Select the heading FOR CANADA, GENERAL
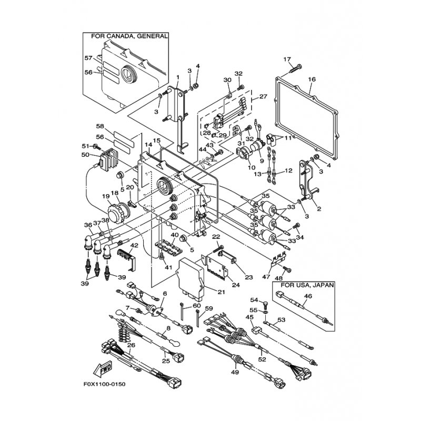tap(129, 36)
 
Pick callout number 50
tap(85, 155)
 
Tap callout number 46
tap(308, 297)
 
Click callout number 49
tap(235, 373)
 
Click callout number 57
tap(88, 58)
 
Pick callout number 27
tap(264, 97)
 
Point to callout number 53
tap(282, 319)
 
